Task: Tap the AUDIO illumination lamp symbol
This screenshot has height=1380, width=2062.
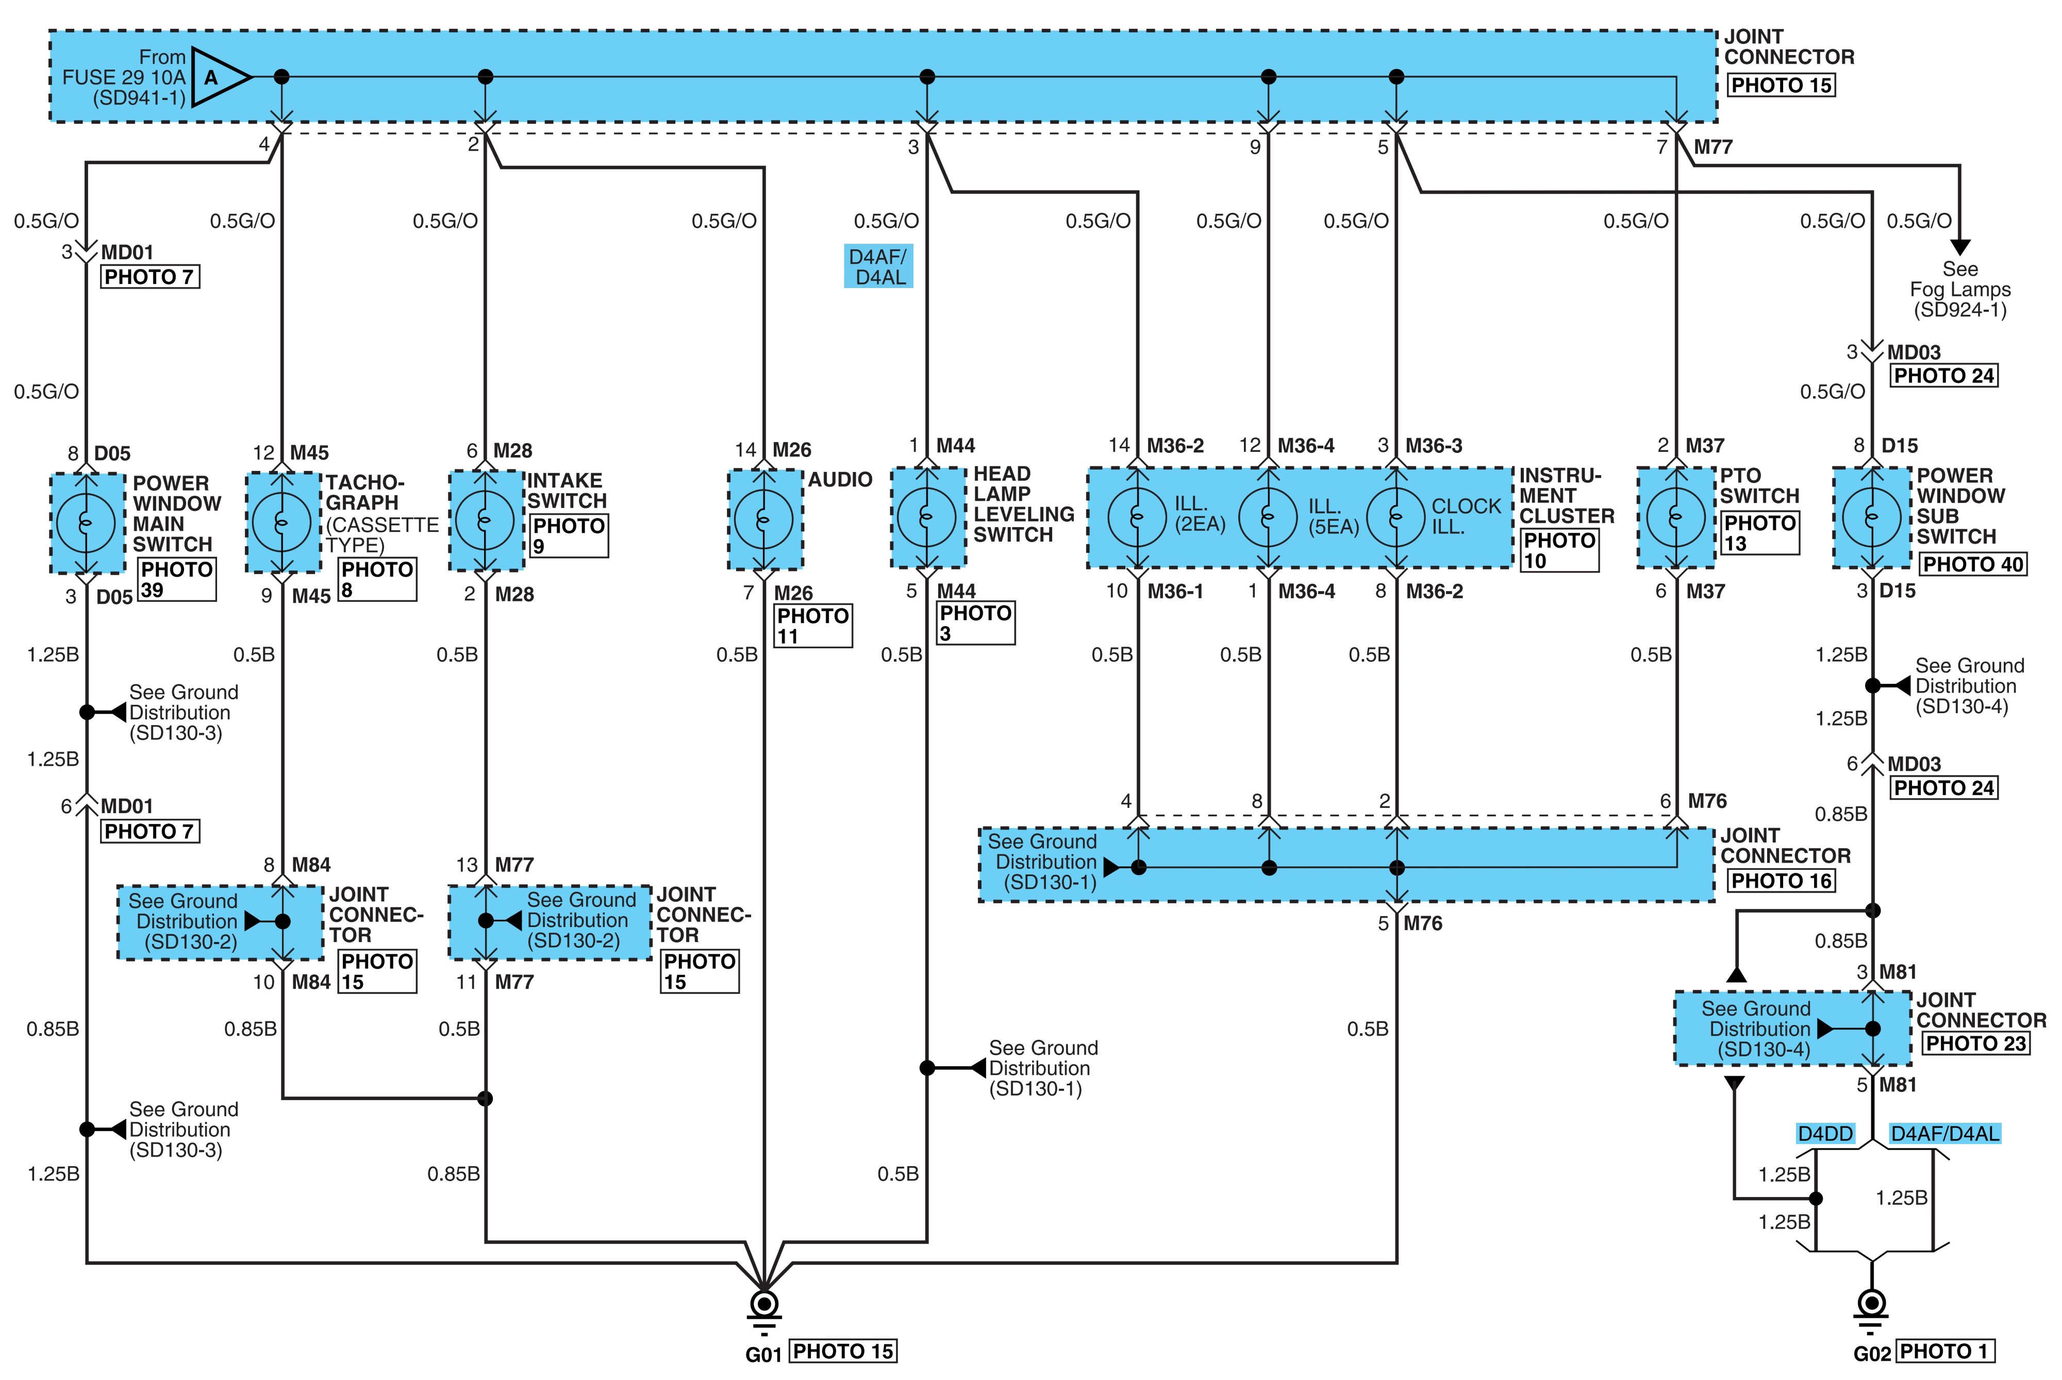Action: [763, 520]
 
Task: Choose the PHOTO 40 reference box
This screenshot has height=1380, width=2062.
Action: [1972, 564]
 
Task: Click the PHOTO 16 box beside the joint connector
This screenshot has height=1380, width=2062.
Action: [1781, 881]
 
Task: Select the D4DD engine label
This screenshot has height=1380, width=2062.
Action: [1825, 1134]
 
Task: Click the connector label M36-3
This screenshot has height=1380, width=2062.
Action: [1434, 446]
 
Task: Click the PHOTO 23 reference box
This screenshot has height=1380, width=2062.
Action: [1976, 1044]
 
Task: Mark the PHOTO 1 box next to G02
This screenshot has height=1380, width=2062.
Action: [1946, 1352]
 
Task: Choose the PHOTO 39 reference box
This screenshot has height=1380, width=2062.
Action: [177, 580]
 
